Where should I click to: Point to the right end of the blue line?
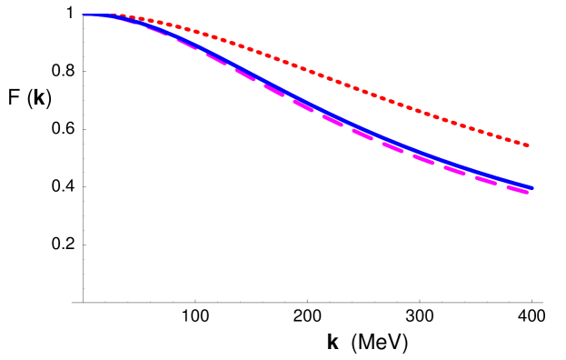pos(531,187)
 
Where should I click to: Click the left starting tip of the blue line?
pos(84,15)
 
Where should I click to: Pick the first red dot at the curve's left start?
pos(119,15)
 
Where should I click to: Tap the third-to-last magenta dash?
pos(454,170)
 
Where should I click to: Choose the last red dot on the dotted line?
pos(527,145)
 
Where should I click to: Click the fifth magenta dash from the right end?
pos(392,146)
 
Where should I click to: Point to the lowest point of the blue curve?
pos(531,187)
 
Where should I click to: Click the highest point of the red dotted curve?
pos(119,15)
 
